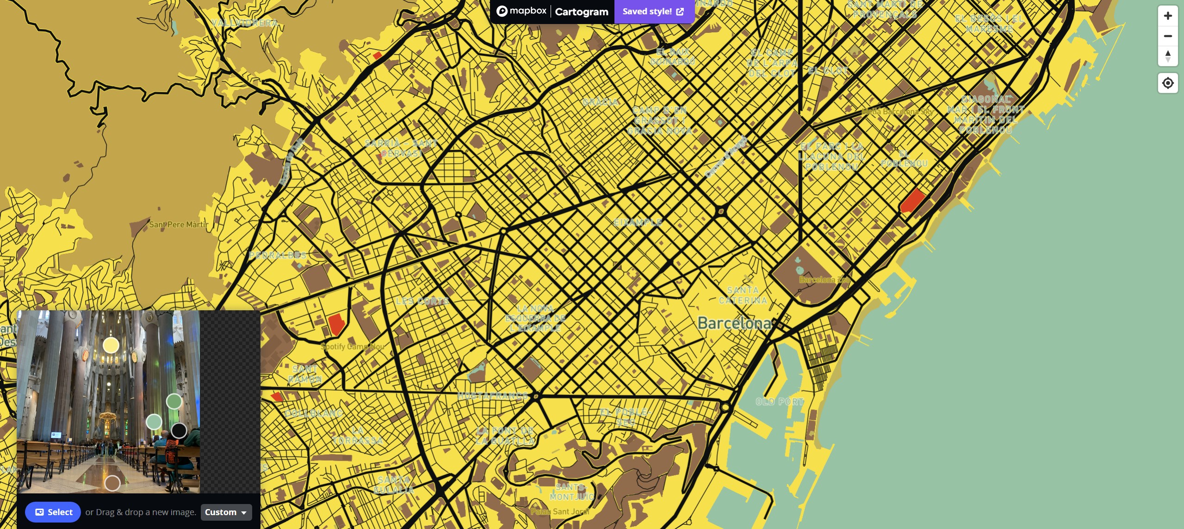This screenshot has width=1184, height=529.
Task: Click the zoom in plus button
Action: (x=1168, y=16)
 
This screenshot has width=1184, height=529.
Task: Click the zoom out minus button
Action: (x=1168, y=36)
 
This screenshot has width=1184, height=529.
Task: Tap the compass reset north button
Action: (x=1168, y=56)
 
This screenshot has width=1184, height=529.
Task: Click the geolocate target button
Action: (x=1168, y=83)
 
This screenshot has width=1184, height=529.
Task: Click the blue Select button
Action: (x=53, y=512)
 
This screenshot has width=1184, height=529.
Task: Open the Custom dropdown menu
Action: (x=226, y=512)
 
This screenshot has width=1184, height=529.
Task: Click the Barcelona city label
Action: (x=734, y=323)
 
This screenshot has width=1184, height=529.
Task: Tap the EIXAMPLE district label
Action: (x=638, y=222)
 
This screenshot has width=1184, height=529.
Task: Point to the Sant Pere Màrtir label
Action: (x=179, y=225)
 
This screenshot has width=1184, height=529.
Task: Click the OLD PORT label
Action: (x=780, y=402)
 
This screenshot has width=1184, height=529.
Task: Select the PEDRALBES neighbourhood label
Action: (x=278, y=255)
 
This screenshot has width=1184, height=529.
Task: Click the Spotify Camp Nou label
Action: (x=353, y=346)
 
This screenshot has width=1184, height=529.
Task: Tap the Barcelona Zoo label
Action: (x=824, y=280)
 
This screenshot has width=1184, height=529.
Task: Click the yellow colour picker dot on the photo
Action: (x=111, y=345)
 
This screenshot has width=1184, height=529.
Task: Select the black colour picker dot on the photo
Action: (x=179, y=431)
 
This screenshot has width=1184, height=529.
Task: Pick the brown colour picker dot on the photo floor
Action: (x=112, y=483)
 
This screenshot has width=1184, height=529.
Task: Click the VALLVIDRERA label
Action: (x=245, y=23)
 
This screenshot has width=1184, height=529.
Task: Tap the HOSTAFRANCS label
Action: (x=493, y=396)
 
